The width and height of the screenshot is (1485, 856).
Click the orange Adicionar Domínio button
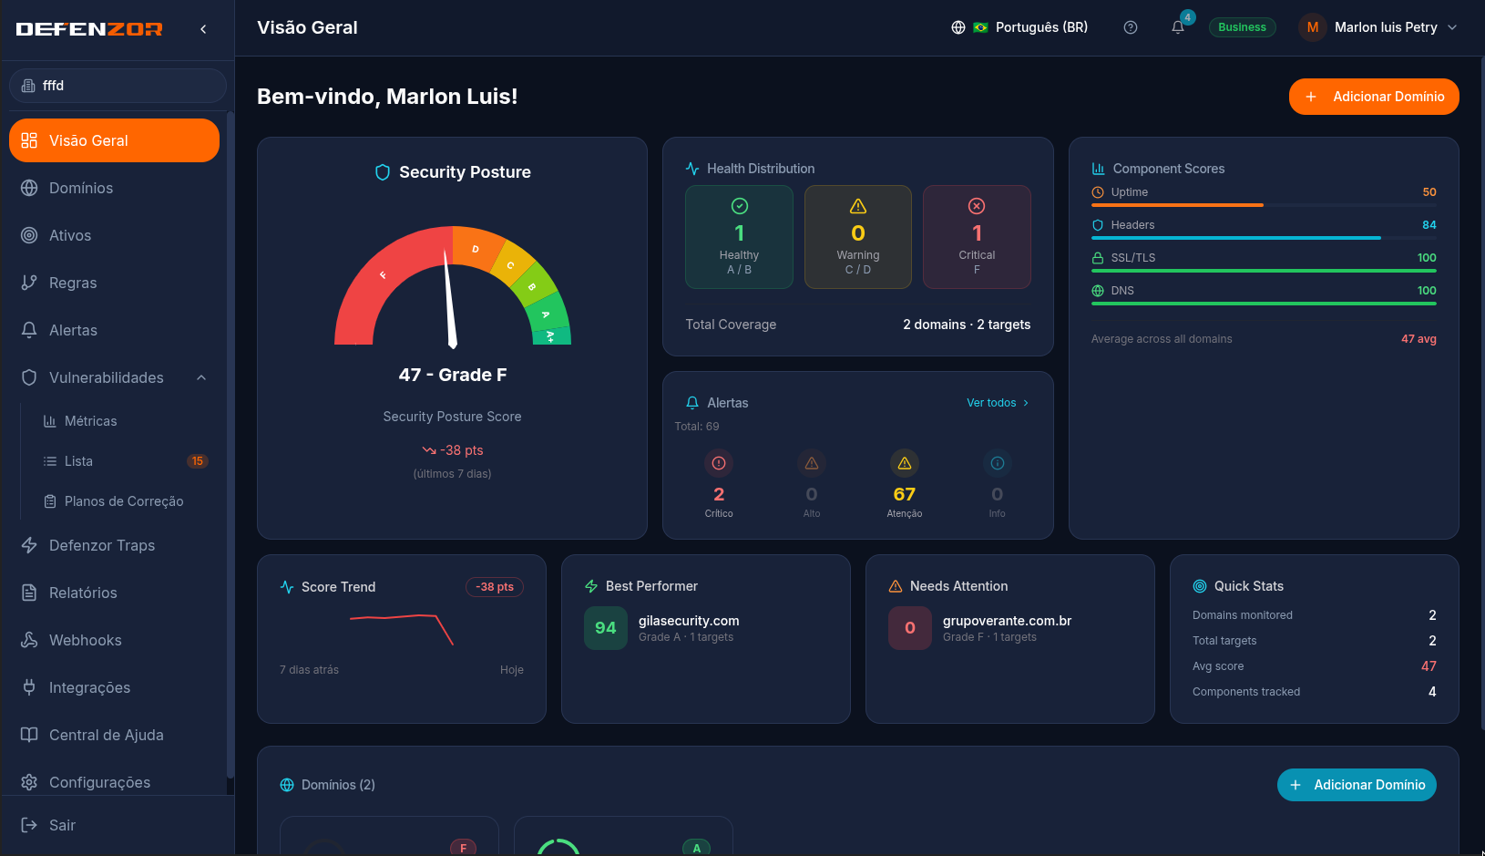point(1374,97)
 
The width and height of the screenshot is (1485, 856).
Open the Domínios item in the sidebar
point(81,188)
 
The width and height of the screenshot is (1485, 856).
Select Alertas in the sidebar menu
point(73,330)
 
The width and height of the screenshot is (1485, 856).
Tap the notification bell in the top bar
point(1177,27)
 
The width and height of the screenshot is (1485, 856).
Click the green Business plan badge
point(1242,27)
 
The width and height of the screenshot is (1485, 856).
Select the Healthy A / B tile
point(739,237)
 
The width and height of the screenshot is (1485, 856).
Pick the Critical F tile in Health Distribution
point(977,237)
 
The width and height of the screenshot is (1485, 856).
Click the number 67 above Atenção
point(905,494)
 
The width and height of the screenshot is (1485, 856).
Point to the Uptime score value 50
point(1429,192)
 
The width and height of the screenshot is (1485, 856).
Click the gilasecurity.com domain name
point(688,621)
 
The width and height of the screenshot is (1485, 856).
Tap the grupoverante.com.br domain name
point(1007,621)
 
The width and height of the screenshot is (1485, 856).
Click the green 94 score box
point(605,628)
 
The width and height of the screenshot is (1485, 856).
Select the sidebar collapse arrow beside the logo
point(203,29)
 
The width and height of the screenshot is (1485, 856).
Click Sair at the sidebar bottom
point(62,825)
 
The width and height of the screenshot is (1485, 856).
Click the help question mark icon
point(1131,27)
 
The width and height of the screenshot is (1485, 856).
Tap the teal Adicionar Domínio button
point(1357,785)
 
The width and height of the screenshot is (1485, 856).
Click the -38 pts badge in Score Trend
point(495,587)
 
